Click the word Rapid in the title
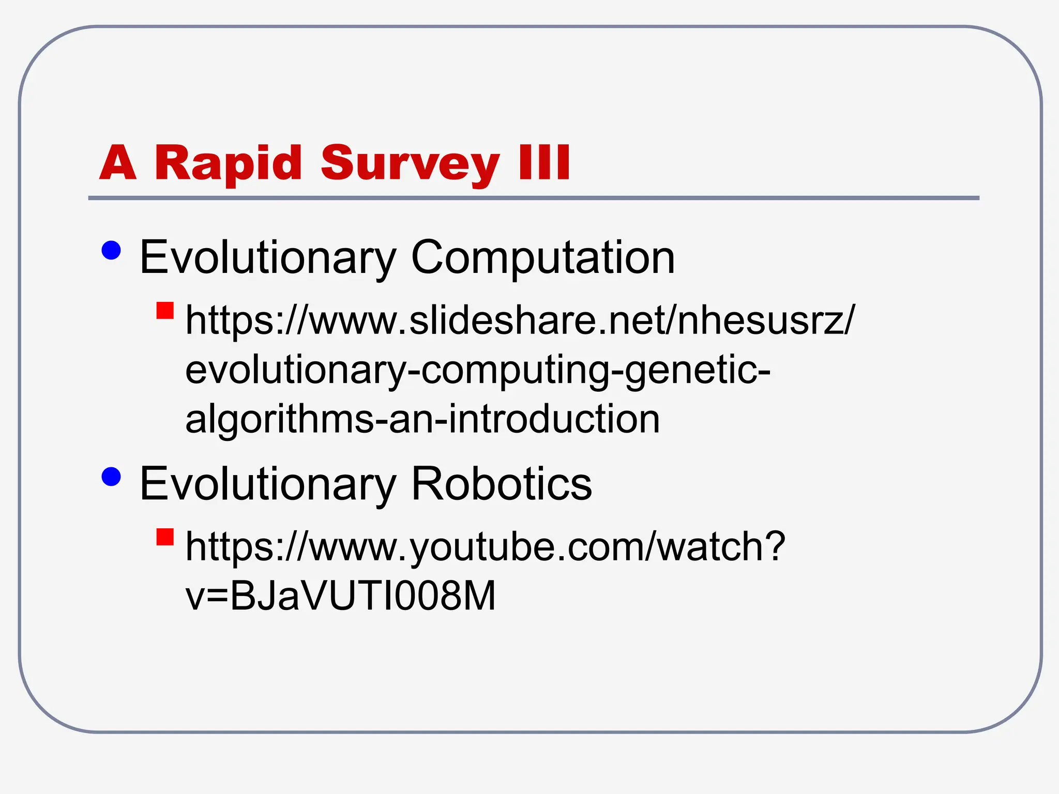pos(228,163)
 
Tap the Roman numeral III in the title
pos(544,162)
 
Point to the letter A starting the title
pos(118,162)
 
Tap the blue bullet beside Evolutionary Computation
pos(111,251)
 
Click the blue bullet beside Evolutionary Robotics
pos(111,477)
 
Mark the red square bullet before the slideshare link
pos(165,311)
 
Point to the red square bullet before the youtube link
pos(165,537)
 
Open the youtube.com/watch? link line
pos(485,546)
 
